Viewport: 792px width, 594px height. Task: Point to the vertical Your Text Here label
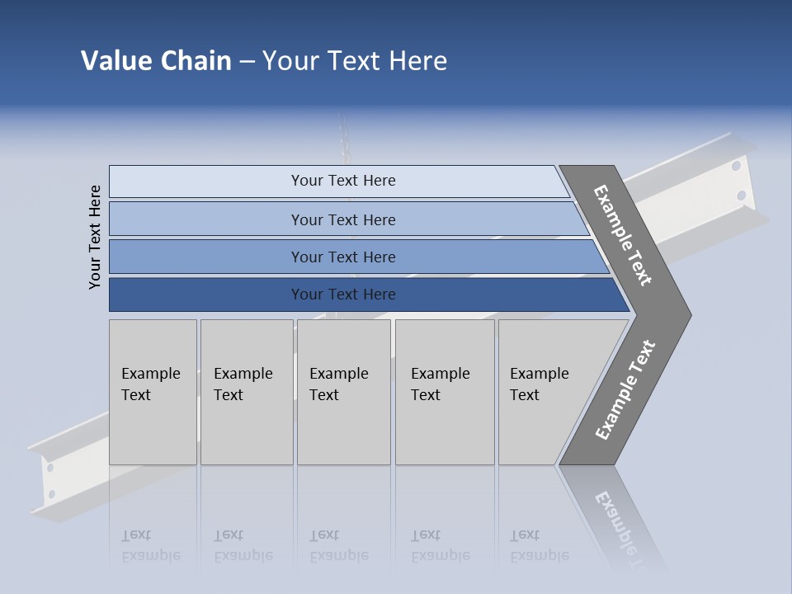[x=95, y=238]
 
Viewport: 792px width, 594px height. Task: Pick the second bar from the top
[x=342, y=219]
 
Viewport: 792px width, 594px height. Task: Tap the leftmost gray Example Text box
[x=153, y=392]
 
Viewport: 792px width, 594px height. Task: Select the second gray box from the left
[x=247, y=392]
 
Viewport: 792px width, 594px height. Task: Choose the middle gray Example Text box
[x=343, y=392]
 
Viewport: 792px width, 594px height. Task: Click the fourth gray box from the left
[x=445, y=392]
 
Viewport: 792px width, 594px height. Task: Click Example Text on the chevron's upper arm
[x=623, y=235]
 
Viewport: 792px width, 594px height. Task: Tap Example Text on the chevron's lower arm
[x=625, y=390]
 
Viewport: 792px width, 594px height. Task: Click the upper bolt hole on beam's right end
[x=735, y=166]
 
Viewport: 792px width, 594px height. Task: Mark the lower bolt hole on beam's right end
[x=741, y=196]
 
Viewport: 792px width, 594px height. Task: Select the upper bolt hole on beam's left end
[x=50, y=468]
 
